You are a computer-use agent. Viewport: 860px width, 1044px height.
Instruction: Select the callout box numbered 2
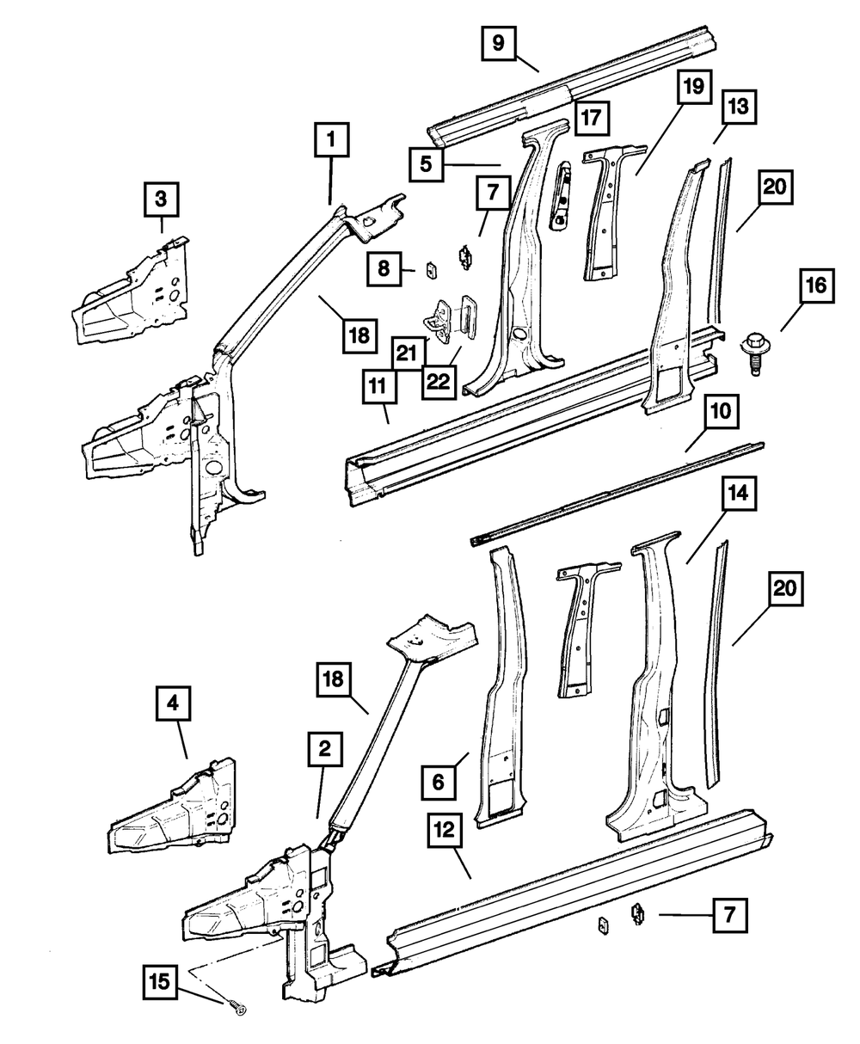coord(324,751)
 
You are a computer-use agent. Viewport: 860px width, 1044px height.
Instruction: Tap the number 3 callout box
coord(161,200)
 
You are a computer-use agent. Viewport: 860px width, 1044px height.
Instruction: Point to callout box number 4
coord(174,703)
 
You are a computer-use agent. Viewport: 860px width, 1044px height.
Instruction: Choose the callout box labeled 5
coord(426,161)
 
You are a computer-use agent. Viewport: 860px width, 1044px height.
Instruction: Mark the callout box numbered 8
coord(383,269)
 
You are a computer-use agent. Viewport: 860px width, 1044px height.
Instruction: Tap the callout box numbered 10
coord(720,412)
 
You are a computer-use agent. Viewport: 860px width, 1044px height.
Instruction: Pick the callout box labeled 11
coord(379,390)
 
